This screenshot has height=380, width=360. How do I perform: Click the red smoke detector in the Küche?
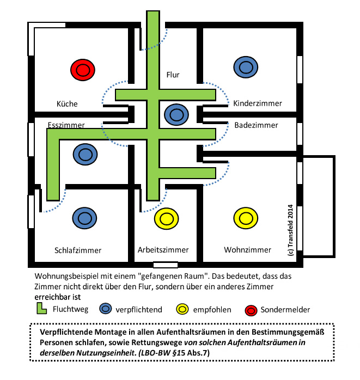[x=83, y=70]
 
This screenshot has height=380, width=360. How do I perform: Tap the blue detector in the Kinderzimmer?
[x=246, y=67]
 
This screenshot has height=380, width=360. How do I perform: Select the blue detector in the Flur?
[x=176, y=115]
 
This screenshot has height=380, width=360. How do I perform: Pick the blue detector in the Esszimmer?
[x=85, y=155]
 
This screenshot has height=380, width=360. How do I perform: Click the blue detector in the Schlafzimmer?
[x=84, y=218]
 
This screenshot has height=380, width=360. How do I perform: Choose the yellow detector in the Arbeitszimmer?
[x=167, y=219]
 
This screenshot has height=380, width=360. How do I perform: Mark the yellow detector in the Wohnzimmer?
[x=246, y=218]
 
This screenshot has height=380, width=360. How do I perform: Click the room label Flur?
[x=173, y=75]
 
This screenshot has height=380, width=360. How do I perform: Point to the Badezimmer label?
[x=256, y=125]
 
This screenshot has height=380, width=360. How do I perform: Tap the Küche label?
[x=67, y=104]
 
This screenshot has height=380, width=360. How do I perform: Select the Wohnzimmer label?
[x=247, y=250]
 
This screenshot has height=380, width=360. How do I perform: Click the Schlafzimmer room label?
[x=78, y=250]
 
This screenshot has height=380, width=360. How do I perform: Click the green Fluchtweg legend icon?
[x=41, y=308]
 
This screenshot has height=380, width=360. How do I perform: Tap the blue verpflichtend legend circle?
[x=106, y=309]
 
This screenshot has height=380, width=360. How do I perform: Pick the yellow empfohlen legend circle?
[x=182, y=309]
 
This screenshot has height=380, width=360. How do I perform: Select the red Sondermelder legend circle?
[x=251, y=310]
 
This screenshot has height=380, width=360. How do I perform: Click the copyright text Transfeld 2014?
[x=290, y=230]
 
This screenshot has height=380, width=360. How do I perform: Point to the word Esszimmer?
[x=66, y=125]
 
